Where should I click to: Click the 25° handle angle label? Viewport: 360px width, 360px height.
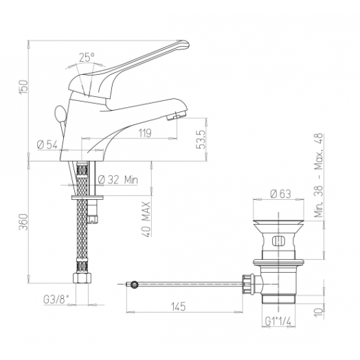coord(87,58)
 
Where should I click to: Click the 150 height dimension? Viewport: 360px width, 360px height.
coord(23,87)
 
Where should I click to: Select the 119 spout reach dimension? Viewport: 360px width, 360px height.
coord(145,133)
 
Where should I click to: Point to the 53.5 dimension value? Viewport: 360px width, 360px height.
coord(201,140)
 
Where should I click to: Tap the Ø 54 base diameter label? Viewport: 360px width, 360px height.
coord(47,145)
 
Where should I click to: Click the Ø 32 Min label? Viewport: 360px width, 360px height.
coord(118,180)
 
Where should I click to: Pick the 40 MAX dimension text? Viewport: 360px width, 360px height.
coord(146,219)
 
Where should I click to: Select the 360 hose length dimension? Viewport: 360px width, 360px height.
coord(23,221)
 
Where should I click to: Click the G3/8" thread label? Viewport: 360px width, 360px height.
coord(56,300)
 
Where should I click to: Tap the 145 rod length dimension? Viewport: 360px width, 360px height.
coord(178,306)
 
